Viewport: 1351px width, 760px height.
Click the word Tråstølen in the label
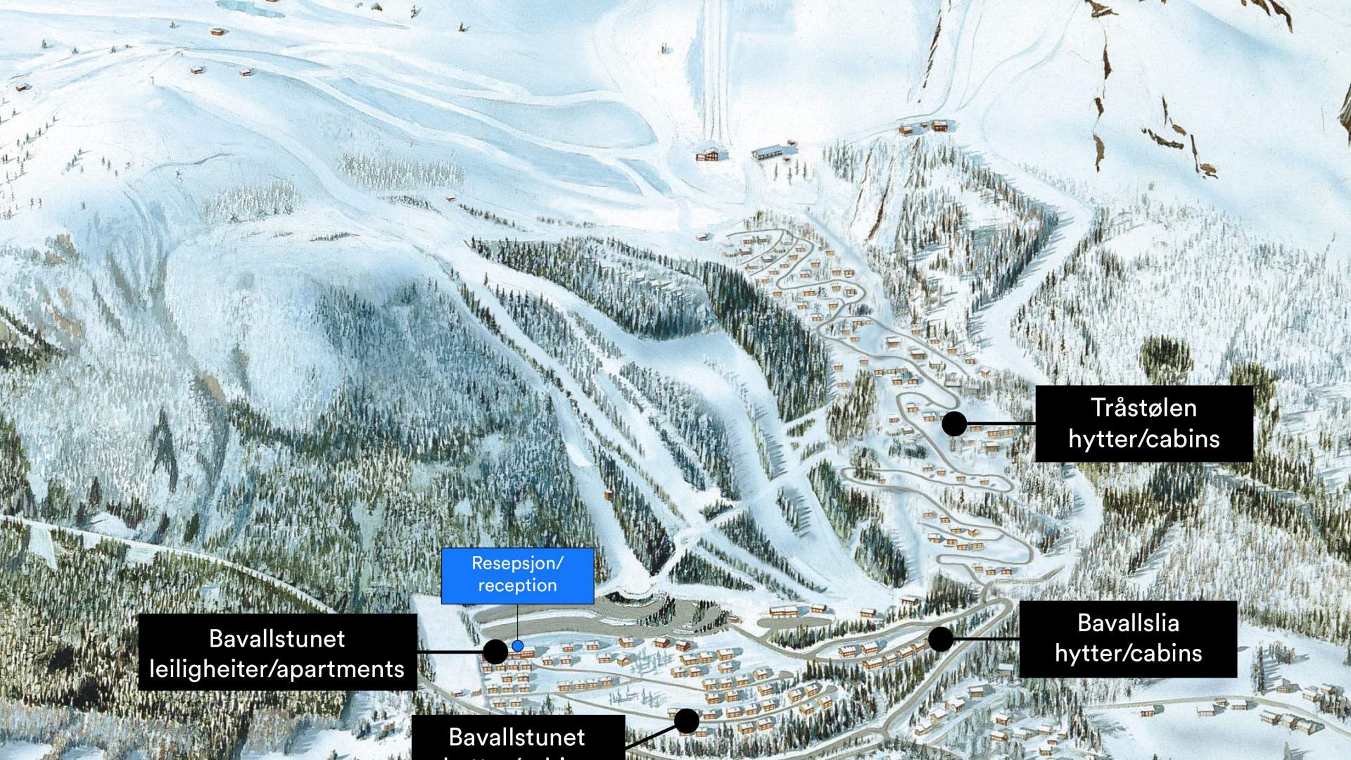[x=1143, y=407]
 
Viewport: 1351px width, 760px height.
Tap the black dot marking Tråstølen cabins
[x=954, y=424]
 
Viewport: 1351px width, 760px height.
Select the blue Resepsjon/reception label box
[x=517, y=575]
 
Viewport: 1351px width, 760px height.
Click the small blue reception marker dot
[x=518, y=646]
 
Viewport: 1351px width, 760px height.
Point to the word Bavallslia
[x=1128, y=623]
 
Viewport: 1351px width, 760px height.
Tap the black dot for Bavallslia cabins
[x=940, y=639]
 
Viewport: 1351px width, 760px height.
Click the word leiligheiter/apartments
[x=277, y=669]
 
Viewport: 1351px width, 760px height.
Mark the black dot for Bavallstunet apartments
[x=495, y=652]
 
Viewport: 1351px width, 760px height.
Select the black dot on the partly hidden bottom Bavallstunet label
[x=687, y=721]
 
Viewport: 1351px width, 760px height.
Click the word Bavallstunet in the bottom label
[x=517, y=737]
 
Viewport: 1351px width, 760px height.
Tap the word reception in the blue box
[x=517, y=585]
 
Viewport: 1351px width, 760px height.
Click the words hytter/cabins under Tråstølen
[x=1143, y=438]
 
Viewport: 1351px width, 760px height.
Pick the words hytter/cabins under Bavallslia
[x=1128, y=653]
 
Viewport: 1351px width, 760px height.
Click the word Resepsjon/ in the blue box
[x=517, y=564]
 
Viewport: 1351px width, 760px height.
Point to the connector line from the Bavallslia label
[x=985, y=639]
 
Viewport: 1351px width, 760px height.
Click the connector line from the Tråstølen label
[x=999, y=424]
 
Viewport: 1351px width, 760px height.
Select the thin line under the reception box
[x=517, y=623]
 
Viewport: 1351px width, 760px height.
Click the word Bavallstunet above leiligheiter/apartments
[x=277, y=638]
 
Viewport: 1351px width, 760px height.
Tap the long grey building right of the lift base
[x=775, y=151]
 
